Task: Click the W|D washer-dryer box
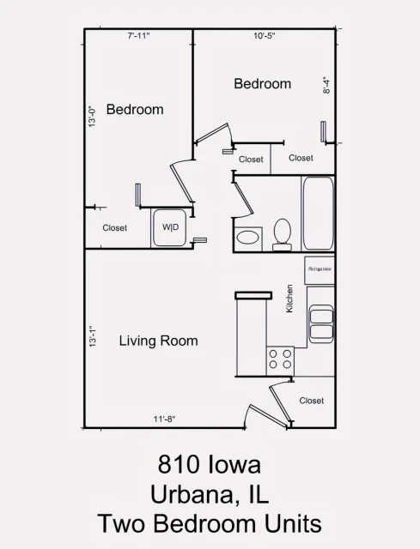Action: [x=171, y=227]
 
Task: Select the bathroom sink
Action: [x=249, y=238]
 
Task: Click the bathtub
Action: [x=317, y=212]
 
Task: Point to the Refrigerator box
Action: [x=320, y=269]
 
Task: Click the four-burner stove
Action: [x=280, y=359]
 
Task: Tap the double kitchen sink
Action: [x=321, y=324]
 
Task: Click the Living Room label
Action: [x=158, y=341]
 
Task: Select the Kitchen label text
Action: [x=289, y=299]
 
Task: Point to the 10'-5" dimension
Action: [x=265, y=36]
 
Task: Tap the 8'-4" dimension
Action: [x=326, y=86]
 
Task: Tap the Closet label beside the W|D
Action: [x=114, y=228]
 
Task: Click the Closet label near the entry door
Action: [x=312, y=401]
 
